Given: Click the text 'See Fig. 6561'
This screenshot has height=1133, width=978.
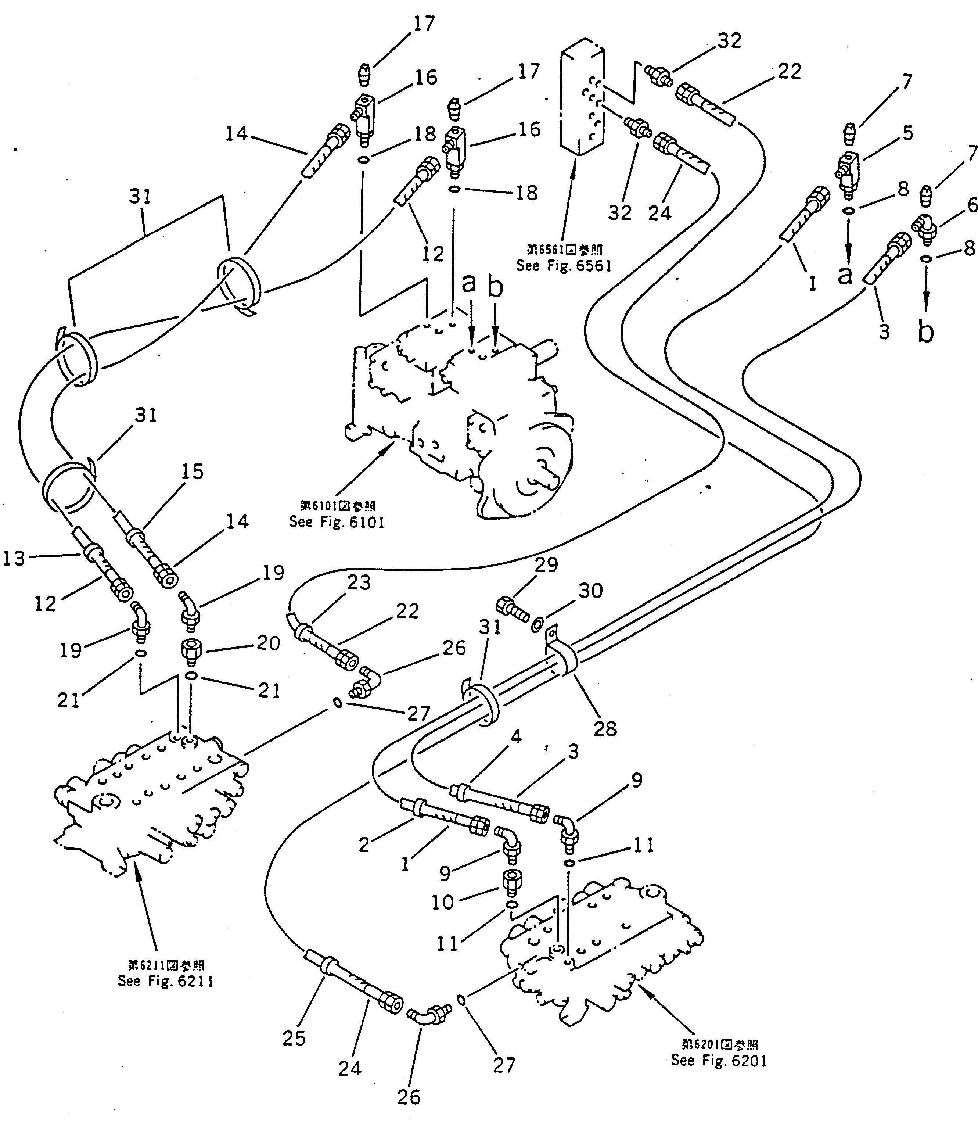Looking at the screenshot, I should (x=564, y=266).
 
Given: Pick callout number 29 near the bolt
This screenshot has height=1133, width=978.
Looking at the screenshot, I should (x=546, y=564).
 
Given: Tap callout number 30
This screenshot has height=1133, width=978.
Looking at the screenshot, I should (x=590, y=591).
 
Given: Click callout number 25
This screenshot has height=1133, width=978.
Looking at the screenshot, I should (x=294, y=1037).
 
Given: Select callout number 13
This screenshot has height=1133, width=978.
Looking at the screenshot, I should (x=14, y=558).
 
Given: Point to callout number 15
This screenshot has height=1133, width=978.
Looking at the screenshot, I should (x=192, y=472).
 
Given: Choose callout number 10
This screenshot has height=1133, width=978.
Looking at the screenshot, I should (x=442, y=902).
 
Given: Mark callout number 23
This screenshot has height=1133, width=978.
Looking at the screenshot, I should (x=359, y=582).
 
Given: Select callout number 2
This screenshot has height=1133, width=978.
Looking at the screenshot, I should (x=364, y=845).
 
